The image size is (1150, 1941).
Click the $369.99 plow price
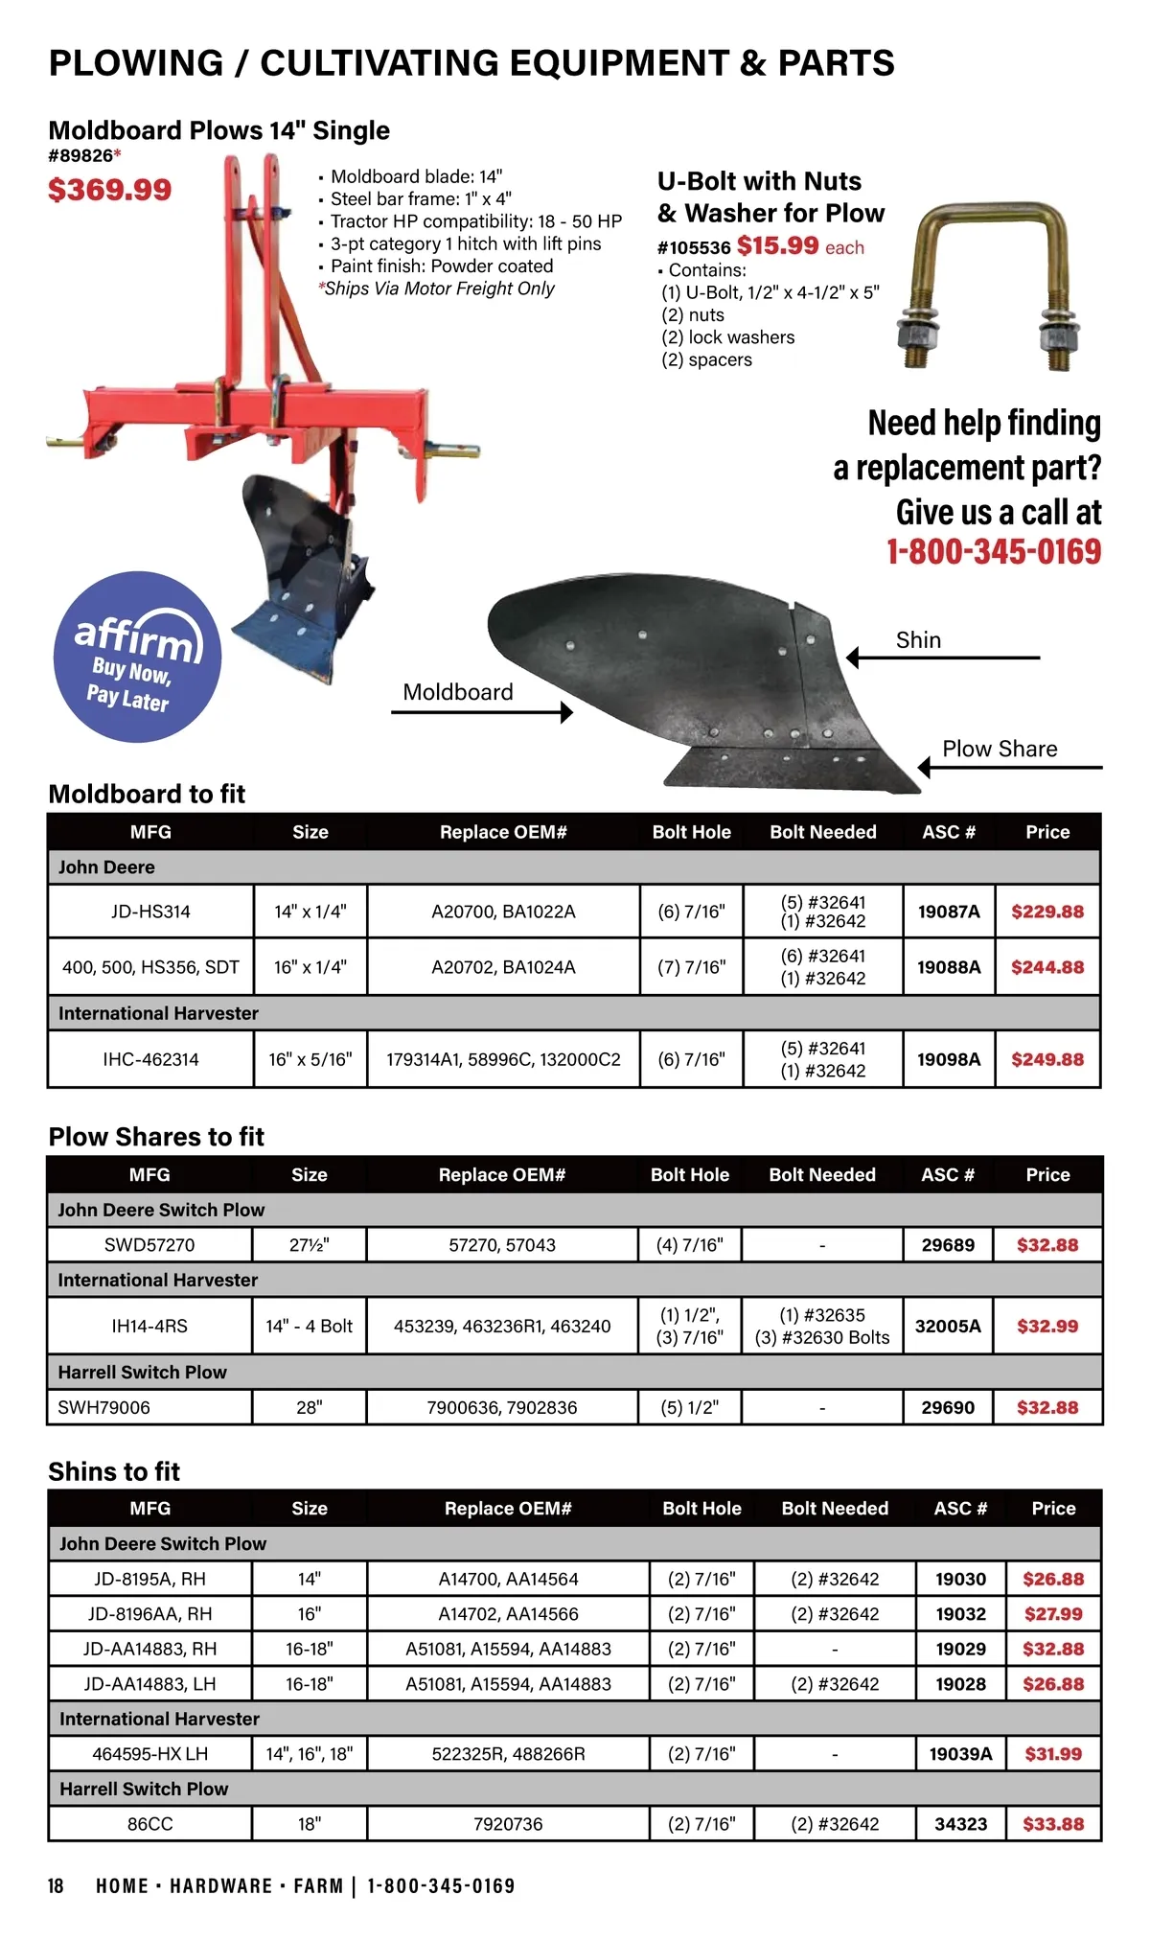110,190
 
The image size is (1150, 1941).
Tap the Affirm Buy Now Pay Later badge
137,657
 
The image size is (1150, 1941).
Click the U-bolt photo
988,287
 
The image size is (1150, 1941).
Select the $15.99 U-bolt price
777,245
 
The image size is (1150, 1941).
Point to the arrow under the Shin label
943,658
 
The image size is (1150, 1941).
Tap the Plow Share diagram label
1000,749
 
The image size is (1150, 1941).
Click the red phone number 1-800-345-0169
994,552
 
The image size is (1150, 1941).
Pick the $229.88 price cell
1047,912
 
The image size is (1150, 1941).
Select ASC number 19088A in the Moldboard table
949,967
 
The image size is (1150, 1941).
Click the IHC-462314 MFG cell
150,1059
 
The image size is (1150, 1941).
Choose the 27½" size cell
309,1245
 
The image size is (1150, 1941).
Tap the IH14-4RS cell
149,1327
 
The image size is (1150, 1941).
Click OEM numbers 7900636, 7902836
502,1407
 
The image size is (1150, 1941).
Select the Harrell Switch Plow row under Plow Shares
143,1372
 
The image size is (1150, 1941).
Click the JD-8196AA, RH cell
149,1614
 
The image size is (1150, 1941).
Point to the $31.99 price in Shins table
1053,1754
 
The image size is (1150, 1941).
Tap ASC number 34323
960,1824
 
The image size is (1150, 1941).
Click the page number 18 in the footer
56,1886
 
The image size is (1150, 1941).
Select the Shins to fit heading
114,1471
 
